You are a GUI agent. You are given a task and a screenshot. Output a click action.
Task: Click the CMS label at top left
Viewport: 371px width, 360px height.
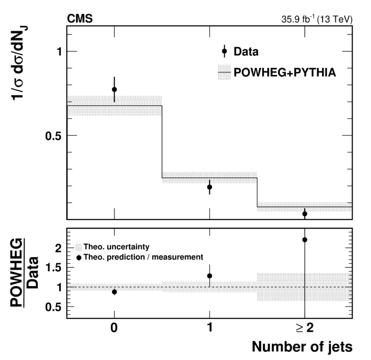tap(80, 19)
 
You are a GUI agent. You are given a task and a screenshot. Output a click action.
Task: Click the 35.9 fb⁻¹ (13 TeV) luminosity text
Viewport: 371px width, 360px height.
tap(317, 19)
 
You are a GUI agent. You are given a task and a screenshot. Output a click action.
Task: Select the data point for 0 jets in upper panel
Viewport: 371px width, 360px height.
tap(114, 89)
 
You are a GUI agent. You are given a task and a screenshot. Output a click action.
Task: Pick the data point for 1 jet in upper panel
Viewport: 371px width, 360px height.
tap(209, 187)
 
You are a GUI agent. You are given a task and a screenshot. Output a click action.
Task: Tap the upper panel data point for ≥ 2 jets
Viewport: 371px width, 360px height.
tap(305, 214)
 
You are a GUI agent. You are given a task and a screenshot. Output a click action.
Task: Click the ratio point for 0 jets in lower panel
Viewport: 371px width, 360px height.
tap(114, 292)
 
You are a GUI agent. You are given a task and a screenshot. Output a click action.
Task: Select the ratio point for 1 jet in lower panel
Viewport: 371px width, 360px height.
tap(209, 276)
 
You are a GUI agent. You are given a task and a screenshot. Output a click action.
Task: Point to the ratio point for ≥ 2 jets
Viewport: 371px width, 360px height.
tap(305, 240)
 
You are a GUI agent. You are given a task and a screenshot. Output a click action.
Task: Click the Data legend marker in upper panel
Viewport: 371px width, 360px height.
tap(224, 51)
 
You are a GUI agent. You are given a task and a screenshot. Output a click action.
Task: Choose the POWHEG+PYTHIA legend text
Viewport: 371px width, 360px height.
tap(285, 72)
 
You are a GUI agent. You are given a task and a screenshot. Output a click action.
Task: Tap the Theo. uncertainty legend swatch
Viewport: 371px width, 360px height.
tap(79, 247)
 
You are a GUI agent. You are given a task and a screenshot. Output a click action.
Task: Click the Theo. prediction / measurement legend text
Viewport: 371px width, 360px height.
tap(143, 257)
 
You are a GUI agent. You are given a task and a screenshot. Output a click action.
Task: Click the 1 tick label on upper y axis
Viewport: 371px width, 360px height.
tap(59, 51)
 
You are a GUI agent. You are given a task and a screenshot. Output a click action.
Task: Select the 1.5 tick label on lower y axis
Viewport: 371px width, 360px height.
tap(54, 268)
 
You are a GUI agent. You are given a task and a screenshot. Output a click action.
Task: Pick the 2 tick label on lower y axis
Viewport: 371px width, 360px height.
tap(58, 248)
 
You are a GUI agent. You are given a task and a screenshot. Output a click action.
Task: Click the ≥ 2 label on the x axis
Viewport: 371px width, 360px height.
tap(305, 328)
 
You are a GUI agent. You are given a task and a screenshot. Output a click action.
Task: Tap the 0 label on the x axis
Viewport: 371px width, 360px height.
tap(114, 328)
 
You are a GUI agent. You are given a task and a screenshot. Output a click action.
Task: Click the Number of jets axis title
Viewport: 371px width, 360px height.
tap(302, 347)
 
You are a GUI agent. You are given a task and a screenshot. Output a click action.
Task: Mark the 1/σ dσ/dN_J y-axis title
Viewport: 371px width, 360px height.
tap(19, 63)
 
